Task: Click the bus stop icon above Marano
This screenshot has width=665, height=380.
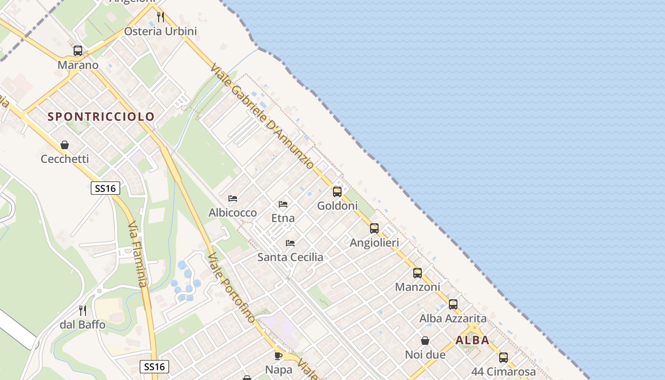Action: [x=78, y=51]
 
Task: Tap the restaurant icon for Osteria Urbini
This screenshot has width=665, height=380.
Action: [x=161, y=17]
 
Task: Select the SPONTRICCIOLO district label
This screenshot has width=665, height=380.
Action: [x=101, y=117]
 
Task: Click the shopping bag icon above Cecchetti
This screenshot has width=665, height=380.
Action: [x=65, y=145]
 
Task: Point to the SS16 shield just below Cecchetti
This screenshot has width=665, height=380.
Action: [x=105, y=188]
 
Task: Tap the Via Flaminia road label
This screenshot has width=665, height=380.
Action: [x=138, y=254]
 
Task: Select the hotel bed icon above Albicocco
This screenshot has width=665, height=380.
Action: [x=233, y=199]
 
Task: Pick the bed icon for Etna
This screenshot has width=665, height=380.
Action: [x=283, y=204]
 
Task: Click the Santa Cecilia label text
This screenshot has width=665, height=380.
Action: [x=290, y=257]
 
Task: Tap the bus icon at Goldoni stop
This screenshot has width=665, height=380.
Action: [x=337, y=192]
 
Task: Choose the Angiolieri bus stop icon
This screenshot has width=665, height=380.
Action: [x=374, y=228]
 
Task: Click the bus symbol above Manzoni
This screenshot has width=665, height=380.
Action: [x=418, y=273]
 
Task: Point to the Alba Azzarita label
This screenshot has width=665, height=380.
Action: [x=453, y=318]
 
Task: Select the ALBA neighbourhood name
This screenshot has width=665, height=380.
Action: [x=472, y=340]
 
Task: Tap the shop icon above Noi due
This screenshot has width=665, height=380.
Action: [x=425, y=341]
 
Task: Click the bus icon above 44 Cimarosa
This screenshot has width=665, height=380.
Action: [x=503, y=358]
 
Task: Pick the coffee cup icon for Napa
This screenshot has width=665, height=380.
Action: [x=278, y=355]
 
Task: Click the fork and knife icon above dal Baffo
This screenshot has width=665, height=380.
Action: [x=83, y=311]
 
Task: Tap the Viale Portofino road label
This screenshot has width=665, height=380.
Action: [x=231, y=287]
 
